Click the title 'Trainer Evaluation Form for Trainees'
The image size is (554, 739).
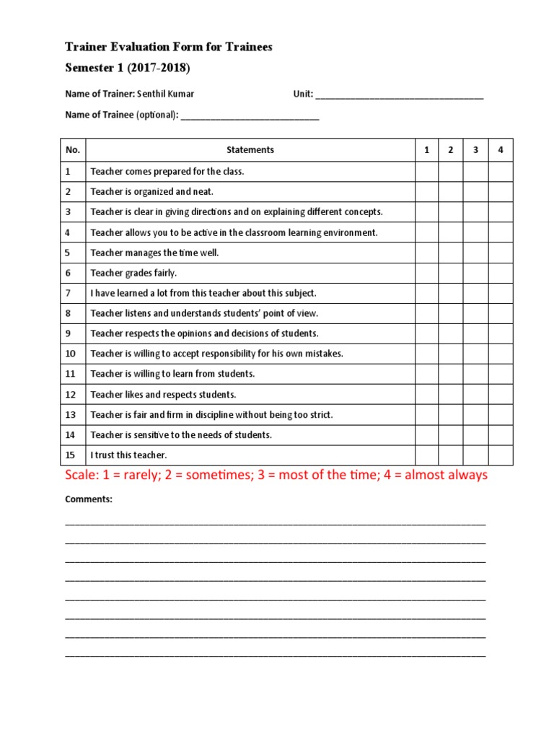click(169, 47)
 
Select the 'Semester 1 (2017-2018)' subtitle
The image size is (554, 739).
click(128, 68)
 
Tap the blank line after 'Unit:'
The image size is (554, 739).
click(400, 95)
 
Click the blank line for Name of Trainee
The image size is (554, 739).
click(250, 115)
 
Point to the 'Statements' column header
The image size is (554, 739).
click(250, 150)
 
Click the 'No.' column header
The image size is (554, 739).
click(72, 150)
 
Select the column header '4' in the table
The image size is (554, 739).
click(500, 150)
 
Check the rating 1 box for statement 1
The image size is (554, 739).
click(426, 172)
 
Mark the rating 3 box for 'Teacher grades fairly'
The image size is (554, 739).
click(475, 273)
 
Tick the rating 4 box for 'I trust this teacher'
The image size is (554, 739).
click(500, 455)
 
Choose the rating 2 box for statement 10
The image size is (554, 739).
click(450, 354)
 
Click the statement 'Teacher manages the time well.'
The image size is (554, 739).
click(154, 253)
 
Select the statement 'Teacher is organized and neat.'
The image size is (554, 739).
click(151, 192)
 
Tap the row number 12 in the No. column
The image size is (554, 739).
click(70, 395)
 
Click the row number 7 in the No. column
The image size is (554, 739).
click(68, 293)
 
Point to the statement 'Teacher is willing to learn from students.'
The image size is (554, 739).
click(172, 374)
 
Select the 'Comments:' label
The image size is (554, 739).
click(89, 499)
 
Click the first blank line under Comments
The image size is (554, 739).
click(275, 521)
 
